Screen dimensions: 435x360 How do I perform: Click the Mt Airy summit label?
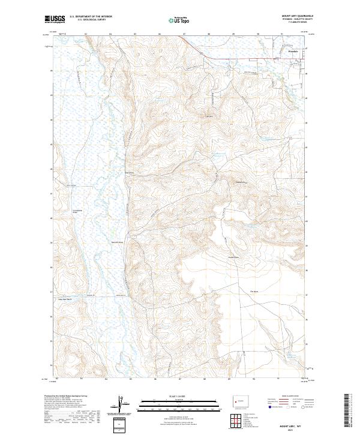click(209, 116)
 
